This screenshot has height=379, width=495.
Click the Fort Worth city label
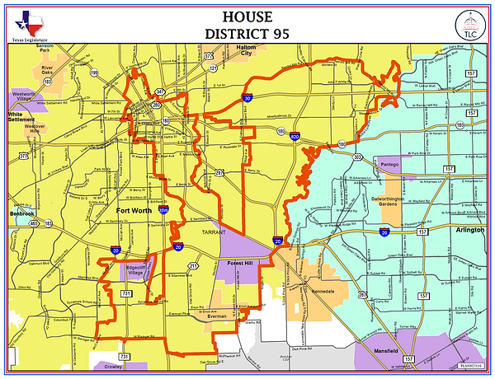pos(134,210)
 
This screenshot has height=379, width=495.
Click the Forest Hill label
pos(243,263)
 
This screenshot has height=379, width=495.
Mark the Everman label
pos(216,316)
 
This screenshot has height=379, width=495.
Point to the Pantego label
pos(391,165)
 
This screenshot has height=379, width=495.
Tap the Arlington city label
pos(469,231)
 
